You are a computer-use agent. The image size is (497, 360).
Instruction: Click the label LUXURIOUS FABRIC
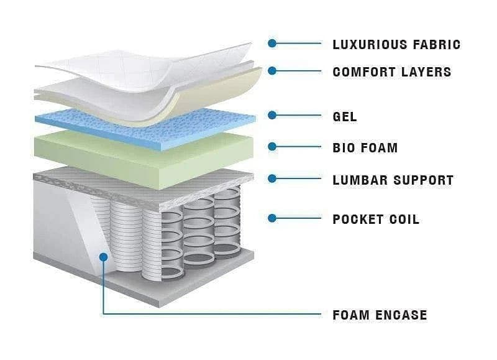(396, 44)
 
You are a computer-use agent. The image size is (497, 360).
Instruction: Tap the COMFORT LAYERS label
(391, 72)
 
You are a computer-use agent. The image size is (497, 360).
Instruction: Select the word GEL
(345, 116)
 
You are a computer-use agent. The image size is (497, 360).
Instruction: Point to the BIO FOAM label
(365, 148)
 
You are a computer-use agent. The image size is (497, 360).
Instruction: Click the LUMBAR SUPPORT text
(393, 180)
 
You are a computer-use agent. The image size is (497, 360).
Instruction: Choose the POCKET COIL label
(376, 219)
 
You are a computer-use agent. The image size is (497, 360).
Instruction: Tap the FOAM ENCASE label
(380, 315)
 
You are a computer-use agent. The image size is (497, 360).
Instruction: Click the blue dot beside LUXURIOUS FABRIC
(272, 44)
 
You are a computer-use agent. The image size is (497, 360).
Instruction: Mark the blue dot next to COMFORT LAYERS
(272, 71)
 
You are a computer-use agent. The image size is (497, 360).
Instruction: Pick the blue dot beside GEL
(272, 115)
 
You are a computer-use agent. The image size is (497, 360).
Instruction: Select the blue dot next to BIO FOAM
(272, 147)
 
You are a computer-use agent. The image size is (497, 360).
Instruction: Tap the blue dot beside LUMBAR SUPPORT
(272, 179)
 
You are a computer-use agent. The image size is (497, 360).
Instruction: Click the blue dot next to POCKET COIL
(272, 218)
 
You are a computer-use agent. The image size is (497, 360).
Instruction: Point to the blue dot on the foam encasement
(103, 256)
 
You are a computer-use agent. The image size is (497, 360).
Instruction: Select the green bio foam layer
(124, 152)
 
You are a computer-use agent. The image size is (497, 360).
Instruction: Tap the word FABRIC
(435, 44)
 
